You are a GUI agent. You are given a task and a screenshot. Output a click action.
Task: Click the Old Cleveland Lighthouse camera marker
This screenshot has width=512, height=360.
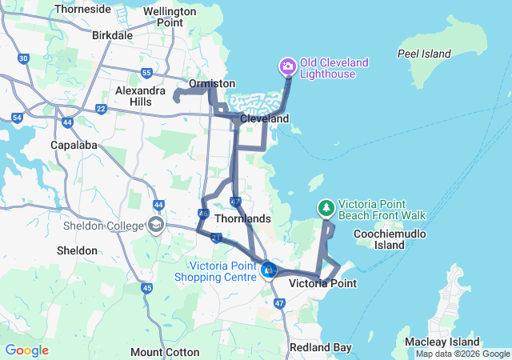[x=286, y=65]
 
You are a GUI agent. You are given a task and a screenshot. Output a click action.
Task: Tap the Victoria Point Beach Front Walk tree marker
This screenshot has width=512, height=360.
[x=326, y=208]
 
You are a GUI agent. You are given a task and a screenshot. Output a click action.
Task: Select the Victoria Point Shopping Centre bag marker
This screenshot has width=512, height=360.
[x=269, y=272]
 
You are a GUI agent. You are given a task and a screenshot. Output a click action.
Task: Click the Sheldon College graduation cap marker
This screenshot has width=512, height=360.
[x=155, y=225]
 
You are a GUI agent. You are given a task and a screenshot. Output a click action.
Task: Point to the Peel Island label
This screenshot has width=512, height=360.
[x=425, y=54]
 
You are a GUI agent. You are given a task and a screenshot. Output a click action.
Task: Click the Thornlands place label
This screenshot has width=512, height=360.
[x=243, y=218]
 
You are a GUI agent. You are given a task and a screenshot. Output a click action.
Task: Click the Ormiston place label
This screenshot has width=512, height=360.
[x=212, y=83]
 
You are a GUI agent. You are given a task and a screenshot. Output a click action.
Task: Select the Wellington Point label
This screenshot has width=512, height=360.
[x=170, y=17]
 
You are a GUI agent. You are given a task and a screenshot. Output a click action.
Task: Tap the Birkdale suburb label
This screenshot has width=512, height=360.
[x=113, y=36]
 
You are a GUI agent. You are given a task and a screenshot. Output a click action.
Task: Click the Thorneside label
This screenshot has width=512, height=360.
[x=82, y=10]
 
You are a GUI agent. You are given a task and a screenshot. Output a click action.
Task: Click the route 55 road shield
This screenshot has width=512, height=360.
[x=146, y=73]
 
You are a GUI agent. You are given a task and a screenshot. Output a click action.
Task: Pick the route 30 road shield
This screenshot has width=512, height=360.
[x=23, y=58]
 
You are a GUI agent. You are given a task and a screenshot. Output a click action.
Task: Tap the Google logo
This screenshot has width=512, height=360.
[x=26, y=350]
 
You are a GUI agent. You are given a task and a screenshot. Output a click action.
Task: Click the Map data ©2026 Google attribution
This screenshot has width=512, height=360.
[x=462, y=354]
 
